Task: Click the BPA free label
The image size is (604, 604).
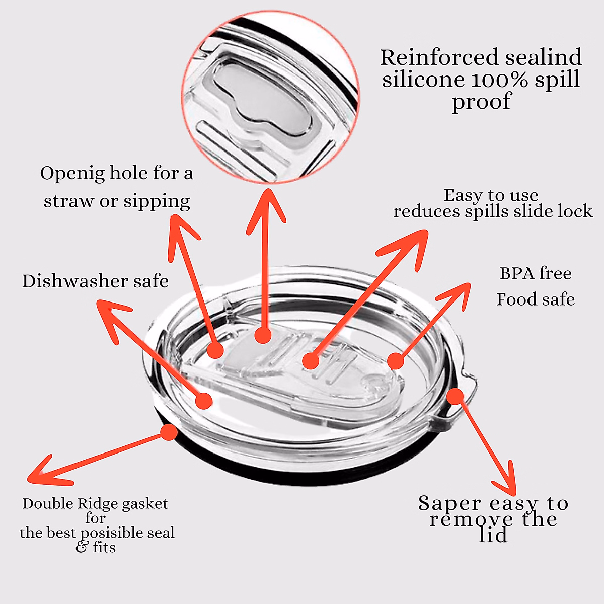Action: coord(536,274)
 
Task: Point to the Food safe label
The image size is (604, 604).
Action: coord(536,300)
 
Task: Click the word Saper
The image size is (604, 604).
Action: coord(449,503)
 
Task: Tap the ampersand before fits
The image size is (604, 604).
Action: coord(82,547)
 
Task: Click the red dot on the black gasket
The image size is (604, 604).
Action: coord(169,432)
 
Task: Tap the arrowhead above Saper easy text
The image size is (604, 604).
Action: coord(508,483)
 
